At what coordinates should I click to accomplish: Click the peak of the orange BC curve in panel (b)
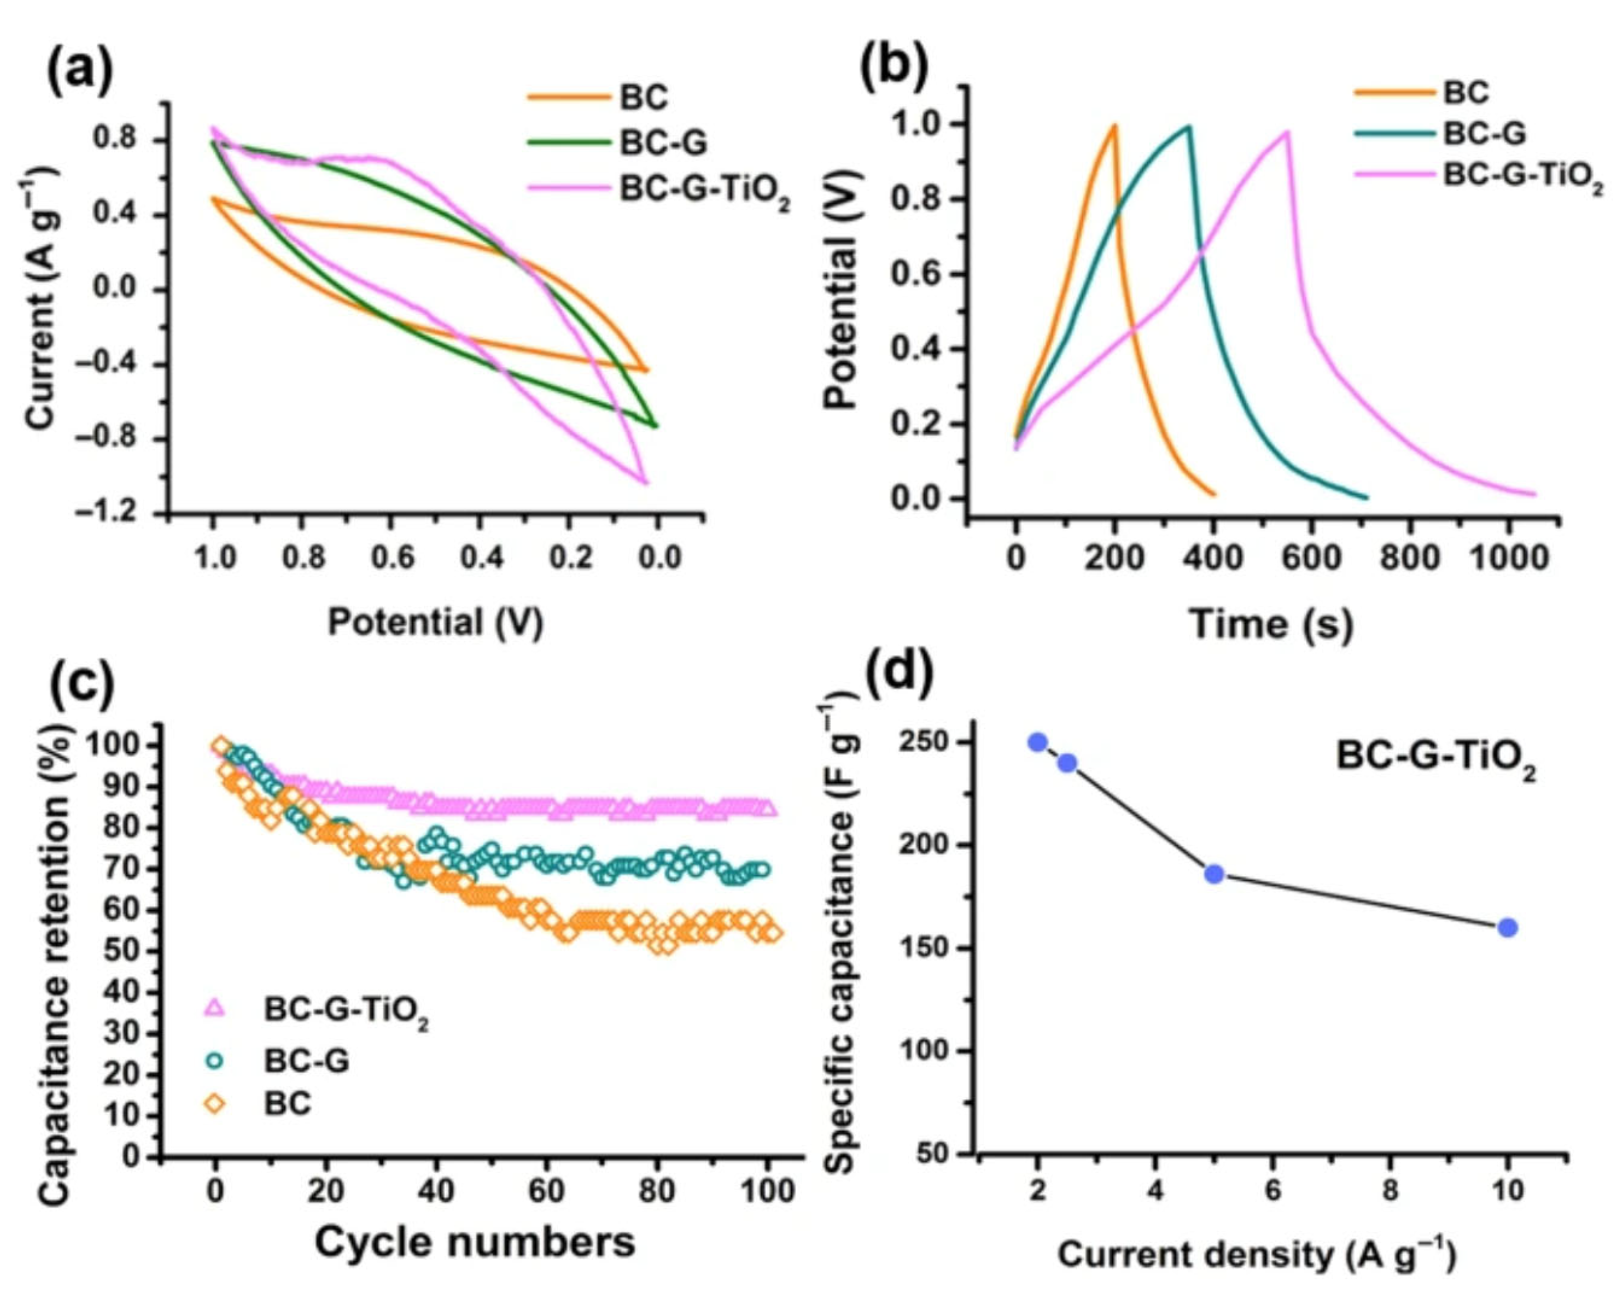coord(1115,125)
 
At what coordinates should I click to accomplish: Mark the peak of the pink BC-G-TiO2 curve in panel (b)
coord(1287,132)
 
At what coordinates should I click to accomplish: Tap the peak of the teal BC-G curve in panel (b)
coord(1189,126)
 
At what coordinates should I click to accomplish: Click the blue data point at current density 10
coord(1507,928)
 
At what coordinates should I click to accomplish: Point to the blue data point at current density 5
coord(1215,874)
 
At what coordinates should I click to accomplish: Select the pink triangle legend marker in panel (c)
coord(215,1007)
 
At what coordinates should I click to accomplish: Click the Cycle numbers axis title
coord(475,1242)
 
